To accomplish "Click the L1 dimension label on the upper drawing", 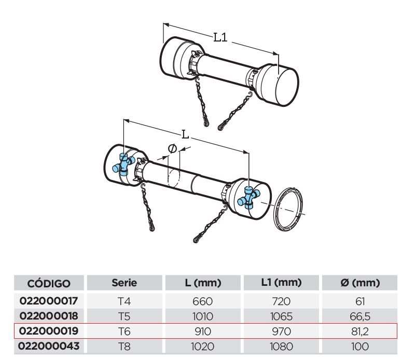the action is [x=220, y=37].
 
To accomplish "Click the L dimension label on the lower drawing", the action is [x=185, y=135].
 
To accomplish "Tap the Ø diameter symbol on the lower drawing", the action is [x=172, y=148].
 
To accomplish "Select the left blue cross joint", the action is [x=123, y=164].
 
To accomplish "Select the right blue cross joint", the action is [x=249, y=198].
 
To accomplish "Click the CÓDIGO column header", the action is [x=49, y=283].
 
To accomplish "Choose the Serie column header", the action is [x=124, y=283].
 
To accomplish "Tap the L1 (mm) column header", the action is [x=281, y=283].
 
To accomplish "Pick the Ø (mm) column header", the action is [x=360, y=283].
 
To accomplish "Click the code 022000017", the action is [x=49, y=301].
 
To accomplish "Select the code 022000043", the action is [x=49, y=346].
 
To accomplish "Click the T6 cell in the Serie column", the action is [x=124, y=331].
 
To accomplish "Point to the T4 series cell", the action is [x=124, y=301].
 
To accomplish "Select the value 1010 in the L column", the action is [x=203, y=316].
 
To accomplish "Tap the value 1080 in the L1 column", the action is [x=281, y=346].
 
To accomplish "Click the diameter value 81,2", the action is [x=360, y=331].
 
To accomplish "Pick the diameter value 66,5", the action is [x=360, y=316].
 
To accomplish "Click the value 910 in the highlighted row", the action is [x=203, y=331].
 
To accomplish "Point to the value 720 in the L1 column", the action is [x=281, y=301].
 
